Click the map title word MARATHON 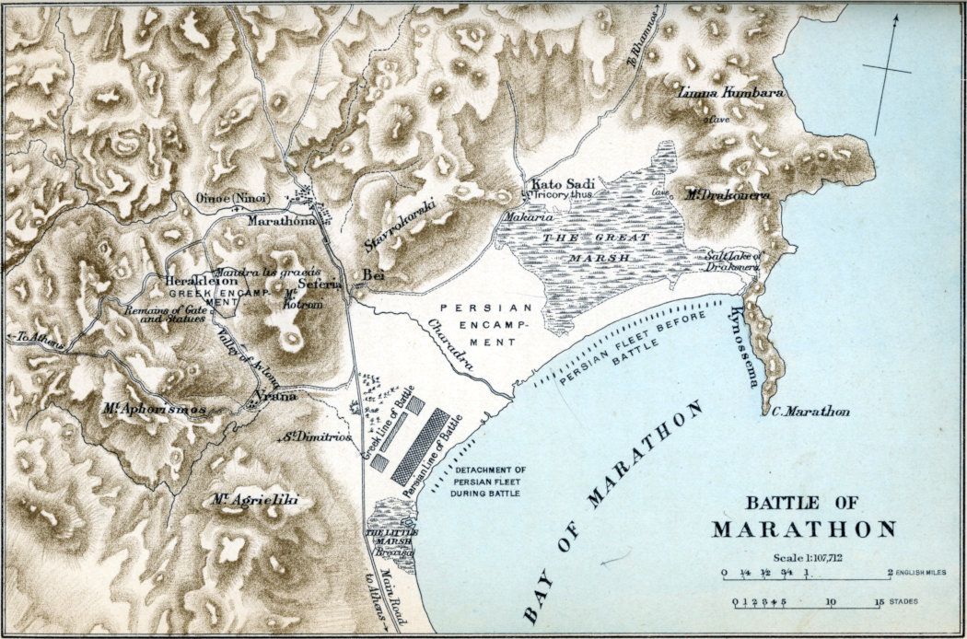804,529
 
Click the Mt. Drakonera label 728,194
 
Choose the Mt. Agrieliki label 248,500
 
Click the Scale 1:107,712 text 803,558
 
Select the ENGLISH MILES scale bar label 925,573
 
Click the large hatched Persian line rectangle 420,447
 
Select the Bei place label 373,274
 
